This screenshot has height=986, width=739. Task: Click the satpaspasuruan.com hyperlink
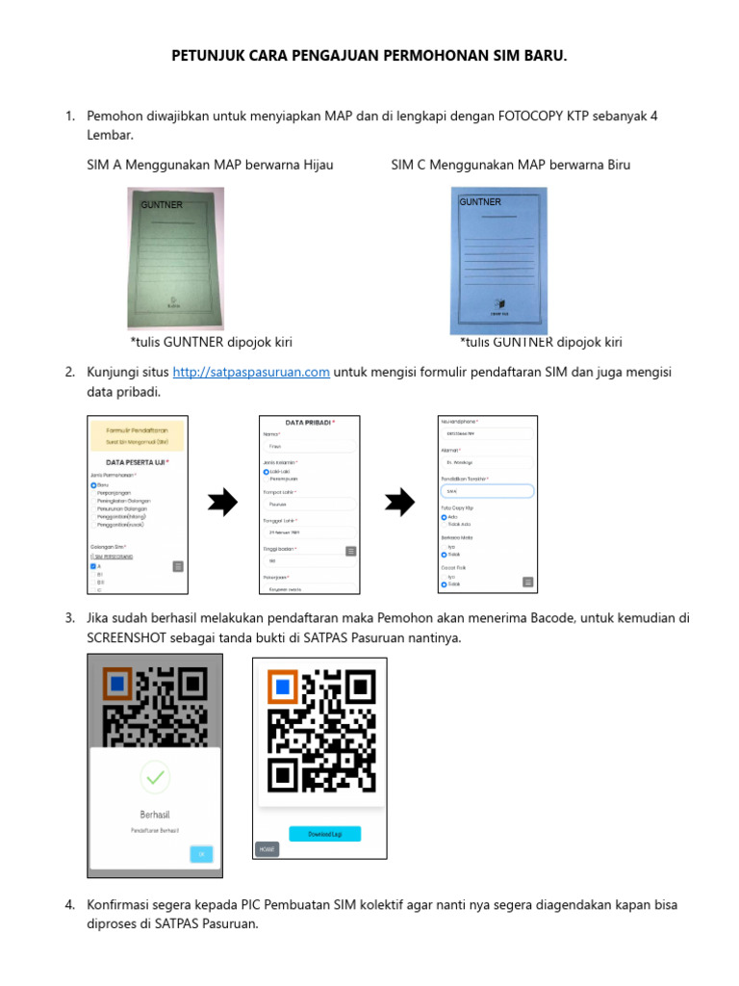pyautogui.click(x=251, y=373)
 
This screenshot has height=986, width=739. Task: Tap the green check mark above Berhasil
pyautogui.click(x=155, y=776)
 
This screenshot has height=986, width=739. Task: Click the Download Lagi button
pyautogui.click(x=325, y=834)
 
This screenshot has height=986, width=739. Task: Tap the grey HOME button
pyautogui.click(x=267, y=849)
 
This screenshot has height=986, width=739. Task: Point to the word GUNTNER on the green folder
pyautogui.click(x=162, y=205)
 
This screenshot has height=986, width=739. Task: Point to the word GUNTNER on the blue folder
pyautogui.click(x=480, y=202)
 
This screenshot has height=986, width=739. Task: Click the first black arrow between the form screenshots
pyautogui.click(x=223, y=503)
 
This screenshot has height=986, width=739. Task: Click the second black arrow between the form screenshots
pyautogui.click(x=399, y=503)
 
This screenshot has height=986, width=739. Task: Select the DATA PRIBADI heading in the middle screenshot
pyautogui.click(x=310, y=423)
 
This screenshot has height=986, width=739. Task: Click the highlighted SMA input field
pyautogui.click(x=487, y=491)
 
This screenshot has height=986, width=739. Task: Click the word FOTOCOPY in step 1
pyautogui.click(x=531, y=116)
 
